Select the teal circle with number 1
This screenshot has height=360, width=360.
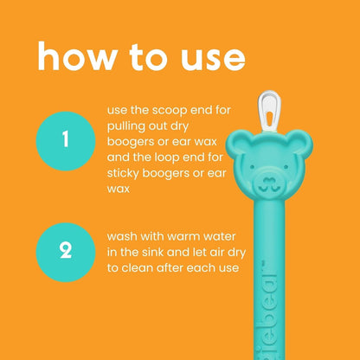[x=65, y=138]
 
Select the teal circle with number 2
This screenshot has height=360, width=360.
[x=65, y=251]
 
